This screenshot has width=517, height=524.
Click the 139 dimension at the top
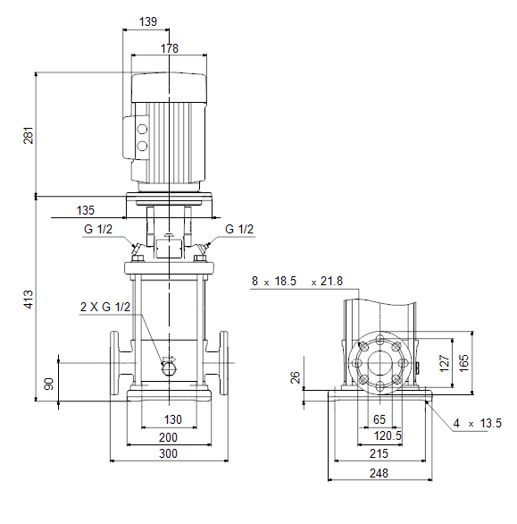click(148, 21)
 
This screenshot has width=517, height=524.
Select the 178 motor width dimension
click(170, 48)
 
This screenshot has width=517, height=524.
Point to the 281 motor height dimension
click(29, 135)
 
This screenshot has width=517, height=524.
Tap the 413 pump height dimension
click(29, 299)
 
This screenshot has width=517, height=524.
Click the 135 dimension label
click(86, 210)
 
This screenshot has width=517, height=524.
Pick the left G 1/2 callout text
click(98, 229)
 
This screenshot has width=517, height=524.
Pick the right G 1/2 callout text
click(239, 229)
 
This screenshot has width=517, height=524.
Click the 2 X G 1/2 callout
click(105, 307)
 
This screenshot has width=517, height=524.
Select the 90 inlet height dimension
click(49, 384)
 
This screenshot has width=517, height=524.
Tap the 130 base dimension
click(173, 419)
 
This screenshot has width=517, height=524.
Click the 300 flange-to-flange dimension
click(168, 453)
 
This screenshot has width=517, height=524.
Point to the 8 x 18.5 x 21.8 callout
click(297, 281)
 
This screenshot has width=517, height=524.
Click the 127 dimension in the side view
click(445, 363)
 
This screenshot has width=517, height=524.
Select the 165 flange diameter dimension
click(463, 363)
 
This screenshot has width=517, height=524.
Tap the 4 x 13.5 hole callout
click(478, 424)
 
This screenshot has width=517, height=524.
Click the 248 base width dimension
click(379, 473)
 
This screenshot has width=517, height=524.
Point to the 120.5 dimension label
click(388, 435)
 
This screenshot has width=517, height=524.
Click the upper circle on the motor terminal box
click(142, 129)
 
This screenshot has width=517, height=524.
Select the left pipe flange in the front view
click(114, 363)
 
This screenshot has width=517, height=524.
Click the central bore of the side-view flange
click(379, 363)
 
